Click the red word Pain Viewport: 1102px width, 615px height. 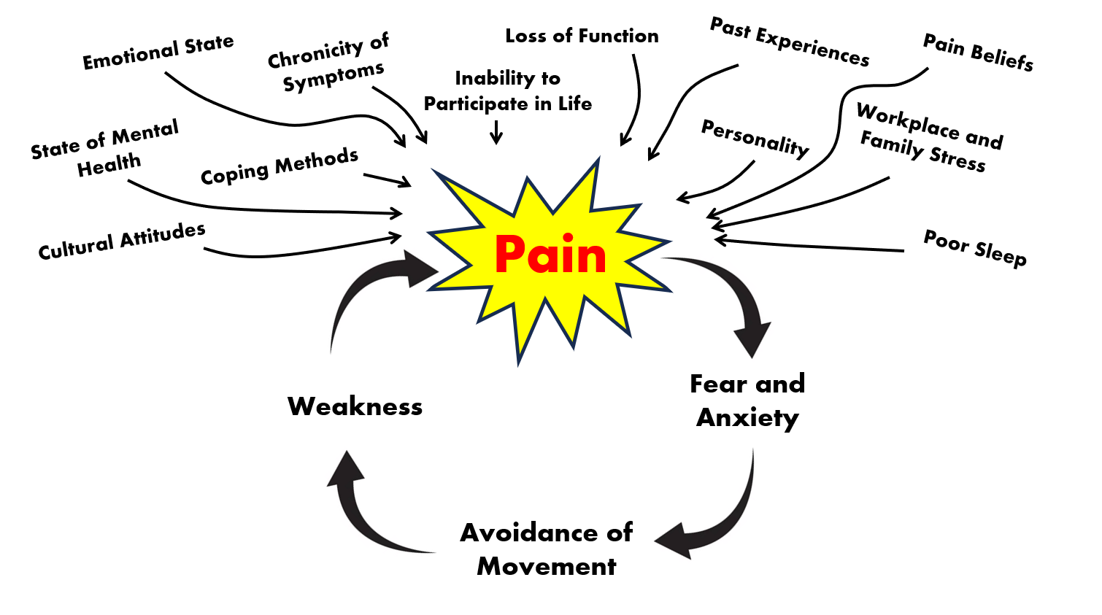550,255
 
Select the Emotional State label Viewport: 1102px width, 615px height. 158,53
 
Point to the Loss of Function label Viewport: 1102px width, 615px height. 582,36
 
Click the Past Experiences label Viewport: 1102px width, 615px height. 790,42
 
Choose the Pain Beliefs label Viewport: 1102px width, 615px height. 978,53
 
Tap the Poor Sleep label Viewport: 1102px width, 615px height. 975,248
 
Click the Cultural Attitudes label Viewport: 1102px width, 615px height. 122,241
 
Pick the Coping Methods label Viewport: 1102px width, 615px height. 280,167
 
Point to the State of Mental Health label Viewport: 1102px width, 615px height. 106,149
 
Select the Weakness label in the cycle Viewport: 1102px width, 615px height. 355,406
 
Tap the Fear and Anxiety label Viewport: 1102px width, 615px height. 747,401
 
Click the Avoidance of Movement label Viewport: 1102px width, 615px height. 546,549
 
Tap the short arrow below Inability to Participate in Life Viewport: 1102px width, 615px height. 496,132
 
